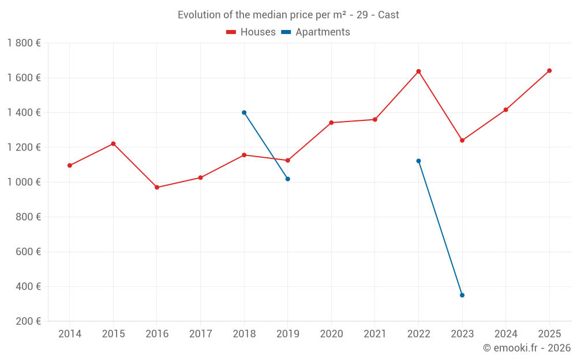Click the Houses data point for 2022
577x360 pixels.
pyautogui.click(x=418, y=71)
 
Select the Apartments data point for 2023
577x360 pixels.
pyautogui.click(x=462, y=295)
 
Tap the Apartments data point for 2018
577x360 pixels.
pyautogui.click(x=244, y=112)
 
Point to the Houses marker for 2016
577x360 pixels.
pyautogui.click(x=157, y=187)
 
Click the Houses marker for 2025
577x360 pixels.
pyautogui.click(x=549, y=71)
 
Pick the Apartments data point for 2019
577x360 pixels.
pyautogui.click(x=288, y=179)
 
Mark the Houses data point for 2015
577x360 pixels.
pyautogui.click(x=113, y=143)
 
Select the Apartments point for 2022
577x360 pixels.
pyautogui.click(x=418, y=161)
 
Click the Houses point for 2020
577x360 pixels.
pyautogui.click(x=331, y=123)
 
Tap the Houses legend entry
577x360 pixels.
pyautogui.click(x=251, y=32)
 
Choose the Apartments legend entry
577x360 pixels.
pyautogui.click(x=316, y=32)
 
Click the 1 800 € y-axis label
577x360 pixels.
pyautogui.click(x=24, y=43)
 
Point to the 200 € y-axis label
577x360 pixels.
pyautogui.click(x=27, y=321)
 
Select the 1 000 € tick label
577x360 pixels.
pyautogui.click(x=24, y=182)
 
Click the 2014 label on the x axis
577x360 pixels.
pyautogui.click(x=70, y=334)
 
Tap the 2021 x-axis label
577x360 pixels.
pyautogui.click(x=375, y=334)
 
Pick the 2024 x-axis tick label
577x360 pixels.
pyautogui.click(x=506, y=334)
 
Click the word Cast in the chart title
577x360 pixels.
pyautogui.click(x=388, y=15)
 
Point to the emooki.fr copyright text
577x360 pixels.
pyautogui.click(x=527, y=348)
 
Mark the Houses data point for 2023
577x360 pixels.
pyautogui.click(x=462, y=140)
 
